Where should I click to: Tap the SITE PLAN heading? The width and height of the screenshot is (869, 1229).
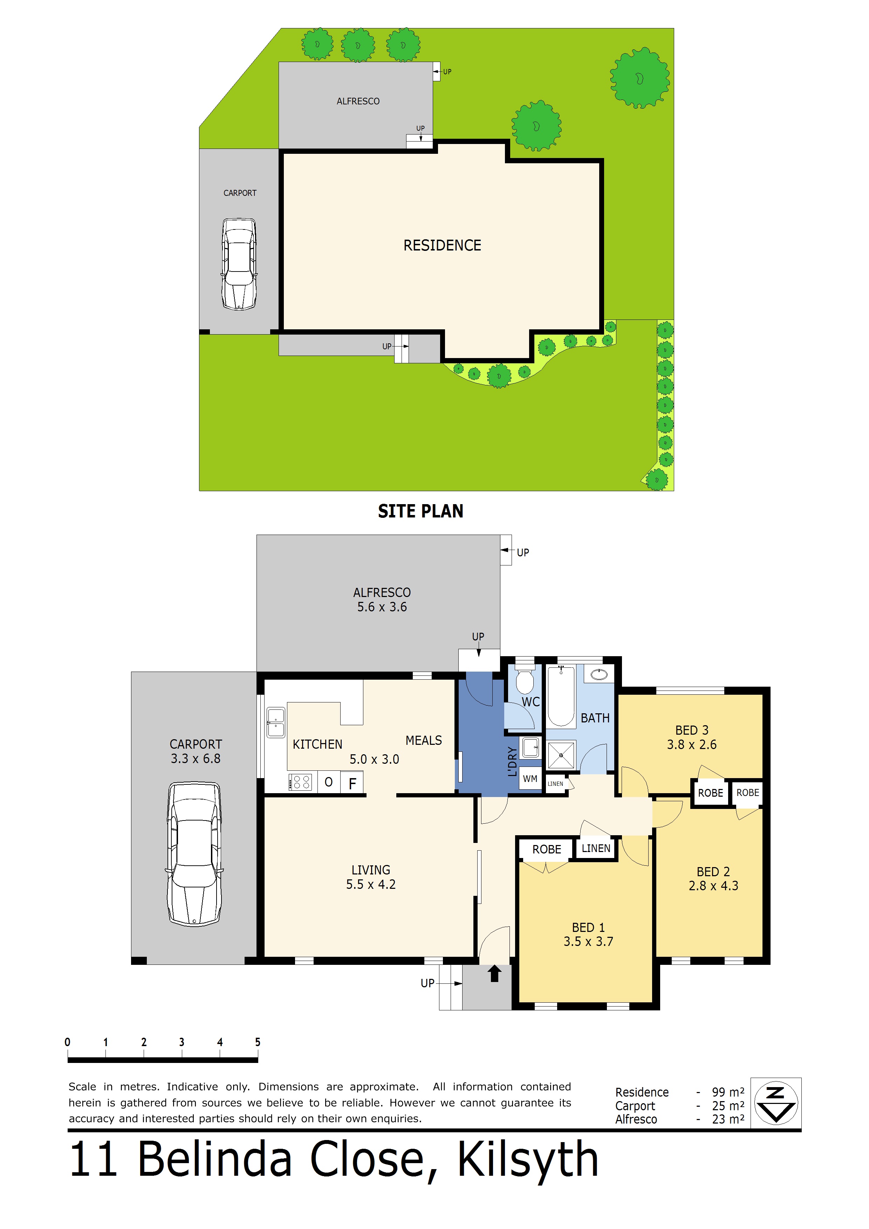click(x=420, y=511)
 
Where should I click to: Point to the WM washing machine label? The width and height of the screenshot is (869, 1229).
click(x=530, y=779)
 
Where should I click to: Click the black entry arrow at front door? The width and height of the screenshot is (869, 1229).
click(x=495, y=973)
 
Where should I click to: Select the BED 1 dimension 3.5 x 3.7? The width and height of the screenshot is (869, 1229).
click(x=588, y=942)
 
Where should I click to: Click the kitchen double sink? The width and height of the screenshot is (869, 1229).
click(x=276, y=722)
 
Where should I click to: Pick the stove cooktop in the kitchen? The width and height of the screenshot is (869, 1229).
click(x=300, y=782)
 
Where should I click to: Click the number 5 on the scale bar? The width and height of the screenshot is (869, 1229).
click(x=258, y=1042)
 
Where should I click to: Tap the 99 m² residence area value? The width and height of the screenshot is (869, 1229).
click(x=728, y=1092)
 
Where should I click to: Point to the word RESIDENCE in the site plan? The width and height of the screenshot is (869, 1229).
click(x=442, y=245)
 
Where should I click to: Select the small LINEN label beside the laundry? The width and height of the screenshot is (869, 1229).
click(x=555, y=784)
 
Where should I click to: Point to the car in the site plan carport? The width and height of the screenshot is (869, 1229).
click(x=239, y=263)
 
